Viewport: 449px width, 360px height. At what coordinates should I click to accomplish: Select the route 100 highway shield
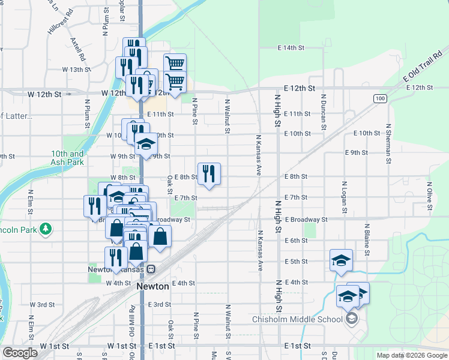[379, 98]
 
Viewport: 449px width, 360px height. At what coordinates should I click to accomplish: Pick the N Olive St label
[430, 196]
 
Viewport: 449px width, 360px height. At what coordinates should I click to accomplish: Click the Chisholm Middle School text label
[298, 319]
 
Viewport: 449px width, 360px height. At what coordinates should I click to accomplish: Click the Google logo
[20, 353]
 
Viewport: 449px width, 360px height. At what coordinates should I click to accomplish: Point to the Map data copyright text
[411, 355]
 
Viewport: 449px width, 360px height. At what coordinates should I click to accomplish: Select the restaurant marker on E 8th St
[209, 174]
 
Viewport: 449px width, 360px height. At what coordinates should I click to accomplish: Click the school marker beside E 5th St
[341, 260]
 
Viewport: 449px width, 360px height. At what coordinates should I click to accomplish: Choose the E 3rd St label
[158, 305]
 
